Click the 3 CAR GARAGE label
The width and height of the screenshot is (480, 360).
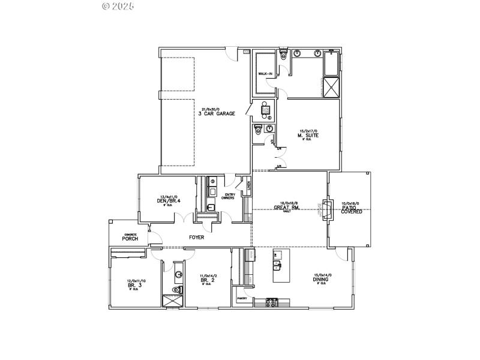click(x=216, y=113)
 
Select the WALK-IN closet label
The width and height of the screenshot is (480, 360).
click(x=265, y=74)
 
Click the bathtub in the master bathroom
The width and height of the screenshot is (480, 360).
click(x=331, y=64)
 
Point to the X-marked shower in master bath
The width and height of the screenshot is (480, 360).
click(x=331, y=88)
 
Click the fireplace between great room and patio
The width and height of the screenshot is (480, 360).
click(x=326, y=209)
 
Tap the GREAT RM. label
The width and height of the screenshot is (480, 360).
click(x=287, y=208)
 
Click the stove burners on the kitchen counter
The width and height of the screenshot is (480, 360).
click(x=271, y=302)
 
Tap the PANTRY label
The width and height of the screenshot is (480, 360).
click(x=242, y=298)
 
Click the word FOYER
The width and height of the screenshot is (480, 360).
click(x=196, y=238)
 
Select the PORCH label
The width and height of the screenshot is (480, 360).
click(x=130, y=238)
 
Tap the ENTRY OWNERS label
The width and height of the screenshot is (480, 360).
click(x=229, y=196)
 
